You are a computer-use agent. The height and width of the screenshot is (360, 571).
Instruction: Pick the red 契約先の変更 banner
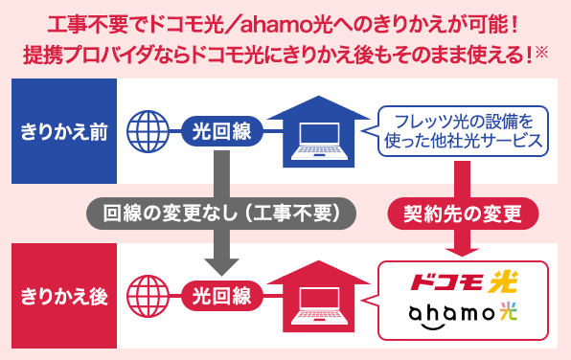[465, 211]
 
